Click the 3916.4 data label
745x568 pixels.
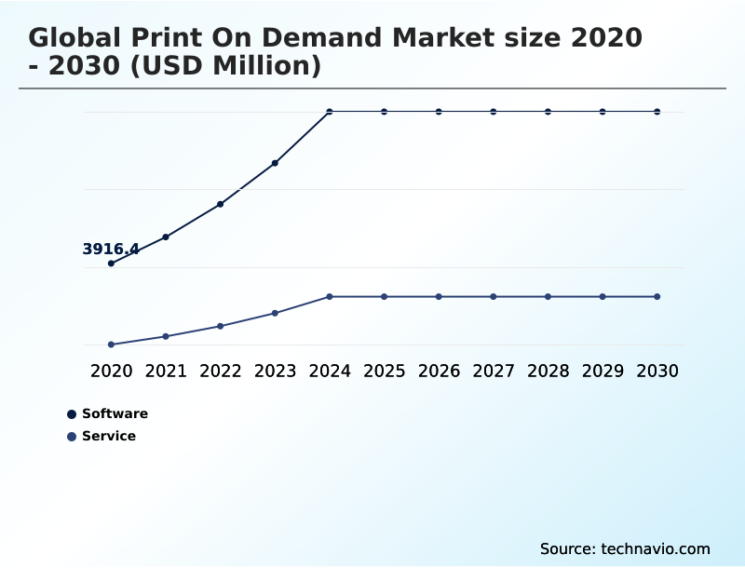click(111, 249)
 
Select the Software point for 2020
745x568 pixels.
click(111, 264)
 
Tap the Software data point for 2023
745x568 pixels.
click(275, 163)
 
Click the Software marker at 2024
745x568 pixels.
click(330, 112)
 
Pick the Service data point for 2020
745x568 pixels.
click(111, 345)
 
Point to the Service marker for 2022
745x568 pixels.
click(221, 326)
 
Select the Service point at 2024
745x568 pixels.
click(330, 296)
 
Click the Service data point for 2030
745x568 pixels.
click(657, 296)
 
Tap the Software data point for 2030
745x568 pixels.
click(657, 112)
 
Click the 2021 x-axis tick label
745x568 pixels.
click(166, 371)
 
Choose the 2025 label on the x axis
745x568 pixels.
click(384, 371)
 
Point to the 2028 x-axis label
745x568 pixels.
click(548, 371)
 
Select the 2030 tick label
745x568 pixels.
click(657, 371)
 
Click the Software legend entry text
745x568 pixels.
click(115, 413)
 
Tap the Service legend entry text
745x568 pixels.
click(109, 436)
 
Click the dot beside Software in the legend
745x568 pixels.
click(72, 414)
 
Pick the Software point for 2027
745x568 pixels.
click(494, 112)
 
